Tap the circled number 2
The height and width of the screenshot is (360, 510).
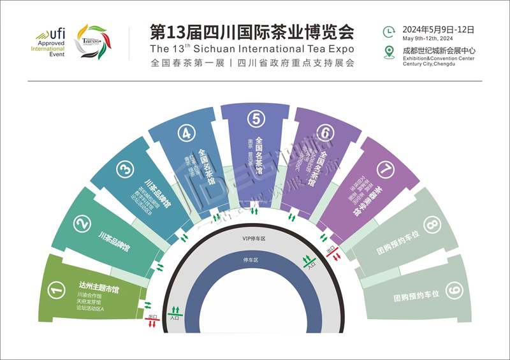click(82, 223)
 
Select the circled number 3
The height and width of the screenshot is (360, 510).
click(125, 169)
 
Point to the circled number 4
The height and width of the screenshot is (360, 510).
click(186, 133)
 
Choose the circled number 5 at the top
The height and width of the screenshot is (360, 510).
click(256, 119)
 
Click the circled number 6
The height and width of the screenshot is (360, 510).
click(325, 133)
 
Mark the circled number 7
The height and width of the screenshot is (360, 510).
click(386, 169)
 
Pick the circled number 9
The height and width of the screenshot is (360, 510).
click(453, 291)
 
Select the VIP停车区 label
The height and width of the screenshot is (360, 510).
click(253, 238)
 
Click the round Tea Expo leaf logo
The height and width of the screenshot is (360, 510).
click(92, 42)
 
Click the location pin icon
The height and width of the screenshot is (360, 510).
click(389, 52)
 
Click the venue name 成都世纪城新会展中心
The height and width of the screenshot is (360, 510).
click(439, 50)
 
